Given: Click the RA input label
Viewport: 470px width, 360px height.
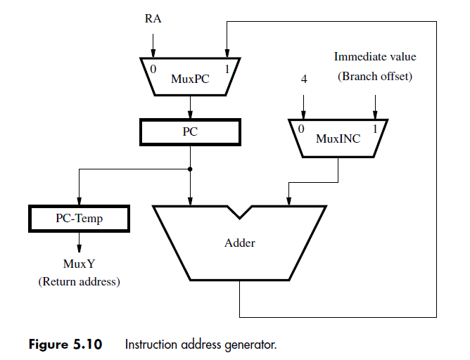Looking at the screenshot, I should pyautogui.click(x=153, y=19).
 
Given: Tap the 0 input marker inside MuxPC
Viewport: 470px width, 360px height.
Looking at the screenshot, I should pyautogui.click(x=153, y=70).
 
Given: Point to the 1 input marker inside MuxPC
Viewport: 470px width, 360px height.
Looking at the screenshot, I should pyautogui.click(x=227, y=70).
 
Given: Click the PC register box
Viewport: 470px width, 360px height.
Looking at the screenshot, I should pyautogui.click(x=190, y=131).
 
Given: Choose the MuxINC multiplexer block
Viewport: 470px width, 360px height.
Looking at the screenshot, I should pyautogui.click(x=338, y=139).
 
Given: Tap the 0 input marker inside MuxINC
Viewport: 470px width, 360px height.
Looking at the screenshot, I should pyautogui.click(x=301, y=129).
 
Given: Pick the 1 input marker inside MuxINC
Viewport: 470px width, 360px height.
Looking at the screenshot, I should pyautogui.click(x=374, y=129).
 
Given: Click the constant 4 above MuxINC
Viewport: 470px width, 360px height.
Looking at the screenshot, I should pyautogui.click(x=303, y=79).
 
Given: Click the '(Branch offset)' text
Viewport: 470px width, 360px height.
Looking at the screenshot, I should pyautogui.click(x=374, y=77).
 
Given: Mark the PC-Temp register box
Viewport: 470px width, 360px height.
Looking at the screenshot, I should pyautogui.click(x=79, y=218).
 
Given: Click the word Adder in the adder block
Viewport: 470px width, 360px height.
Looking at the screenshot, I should pyautogui.click(x=239, y=243).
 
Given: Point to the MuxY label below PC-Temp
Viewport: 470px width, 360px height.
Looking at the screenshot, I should pyautogui.click(x=79, y=264).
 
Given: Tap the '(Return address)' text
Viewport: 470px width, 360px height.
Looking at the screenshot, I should pyautogui.click(x=79, y=282).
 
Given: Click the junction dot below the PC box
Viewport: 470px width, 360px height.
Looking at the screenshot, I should pyautogui.click(x=190, y=169).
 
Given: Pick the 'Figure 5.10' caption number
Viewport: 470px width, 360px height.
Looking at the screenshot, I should pyautogui.click(x=65, y=345).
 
